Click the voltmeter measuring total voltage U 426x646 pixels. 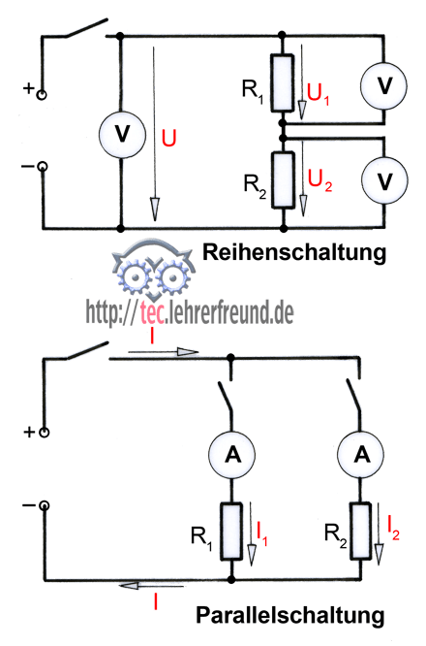tap(122, 134)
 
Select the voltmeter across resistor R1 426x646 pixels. tap(384, 85)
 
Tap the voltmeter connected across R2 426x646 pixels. tap(385, 180)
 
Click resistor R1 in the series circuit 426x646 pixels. tap(283, 83)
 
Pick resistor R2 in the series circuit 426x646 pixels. tap(284, 180)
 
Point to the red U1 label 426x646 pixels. tap(319, 94)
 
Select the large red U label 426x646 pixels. tap(168, 138)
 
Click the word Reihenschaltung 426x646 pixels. tap(295, 252)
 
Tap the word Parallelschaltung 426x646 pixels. tap(290, 615)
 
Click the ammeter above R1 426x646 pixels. tap(232, 455)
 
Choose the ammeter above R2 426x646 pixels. tap(361, 454)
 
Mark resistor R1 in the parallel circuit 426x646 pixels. tap(231, 532)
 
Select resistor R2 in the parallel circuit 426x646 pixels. tap(360, 531)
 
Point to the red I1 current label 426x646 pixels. tap(262, 533)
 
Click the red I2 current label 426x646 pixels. tap(393, 528)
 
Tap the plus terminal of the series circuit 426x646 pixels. tap(41, 95)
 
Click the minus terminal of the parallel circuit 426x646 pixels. tap(44, 505)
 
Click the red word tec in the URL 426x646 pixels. tap(152, 314)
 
